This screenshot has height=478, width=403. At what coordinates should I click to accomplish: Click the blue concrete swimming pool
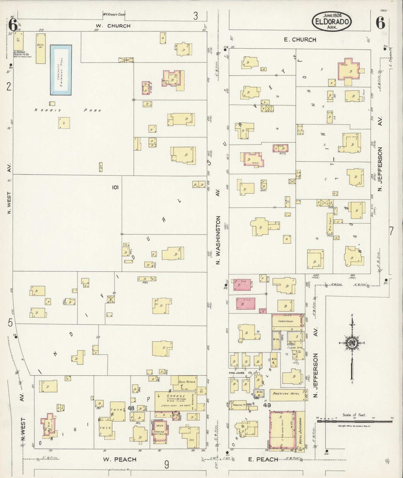pos(61,70)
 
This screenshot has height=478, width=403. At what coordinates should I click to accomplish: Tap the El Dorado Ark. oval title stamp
pos(331,21)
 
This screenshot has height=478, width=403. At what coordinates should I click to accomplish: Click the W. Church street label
pos(115,26)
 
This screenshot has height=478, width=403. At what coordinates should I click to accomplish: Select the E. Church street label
pos(300,40)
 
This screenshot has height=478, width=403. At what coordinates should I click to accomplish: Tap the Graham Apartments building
pos(160,433)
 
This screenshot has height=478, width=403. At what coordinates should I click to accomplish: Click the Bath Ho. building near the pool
pos(41,48)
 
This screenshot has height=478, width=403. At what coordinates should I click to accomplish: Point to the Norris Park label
pos(68,110)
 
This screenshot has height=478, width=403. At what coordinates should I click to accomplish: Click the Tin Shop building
pos(329,224)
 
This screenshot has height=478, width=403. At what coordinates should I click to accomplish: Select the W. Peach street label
pos(120,459)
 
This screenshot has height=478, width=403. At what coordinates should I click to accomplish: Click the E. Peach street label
pos(263,459)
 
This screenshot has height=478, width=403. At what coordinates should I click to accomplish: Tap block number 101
pos(115,187)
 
